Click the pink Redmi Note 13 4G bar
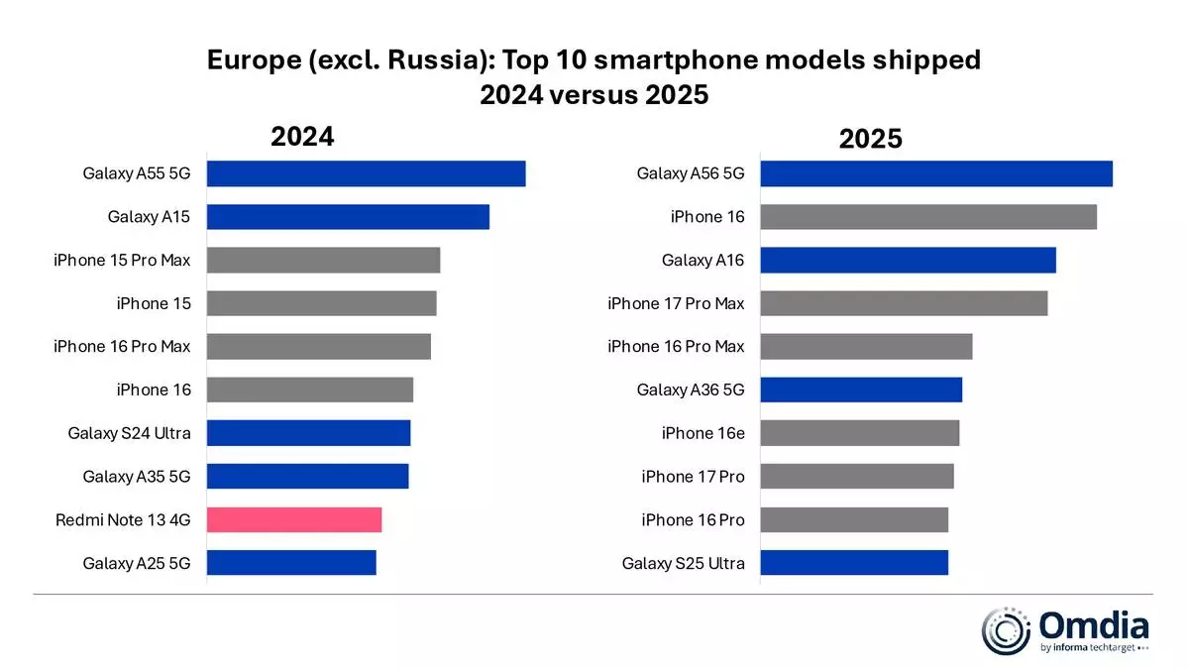coord(294,519)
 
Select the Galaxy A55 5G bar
coord(366,173)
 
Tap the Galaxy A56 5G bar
coord(935,173)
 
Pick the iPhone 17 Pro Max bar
coord(903,303)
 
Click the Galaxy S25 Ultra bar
coord(853,563)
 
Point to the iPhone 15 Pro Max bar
coord(323,260)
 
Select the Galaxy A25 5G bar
coord(291,563)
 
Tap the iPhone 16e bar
coord(859,433)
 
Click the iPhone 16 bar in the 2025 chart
coord(927,217)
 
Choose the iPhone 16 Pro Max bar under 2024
coord(318,347)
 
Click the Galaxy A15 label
coord(149,217)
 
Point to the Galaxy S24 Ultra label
coord(129,433)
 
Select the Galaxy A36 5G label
coord(690,390)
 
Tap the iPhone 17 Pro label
coord(693,477)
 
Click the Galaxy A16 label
coord(703,261)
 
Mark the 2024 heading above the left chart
coord(302,137)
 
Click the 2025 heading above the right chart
coord(870,139)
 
